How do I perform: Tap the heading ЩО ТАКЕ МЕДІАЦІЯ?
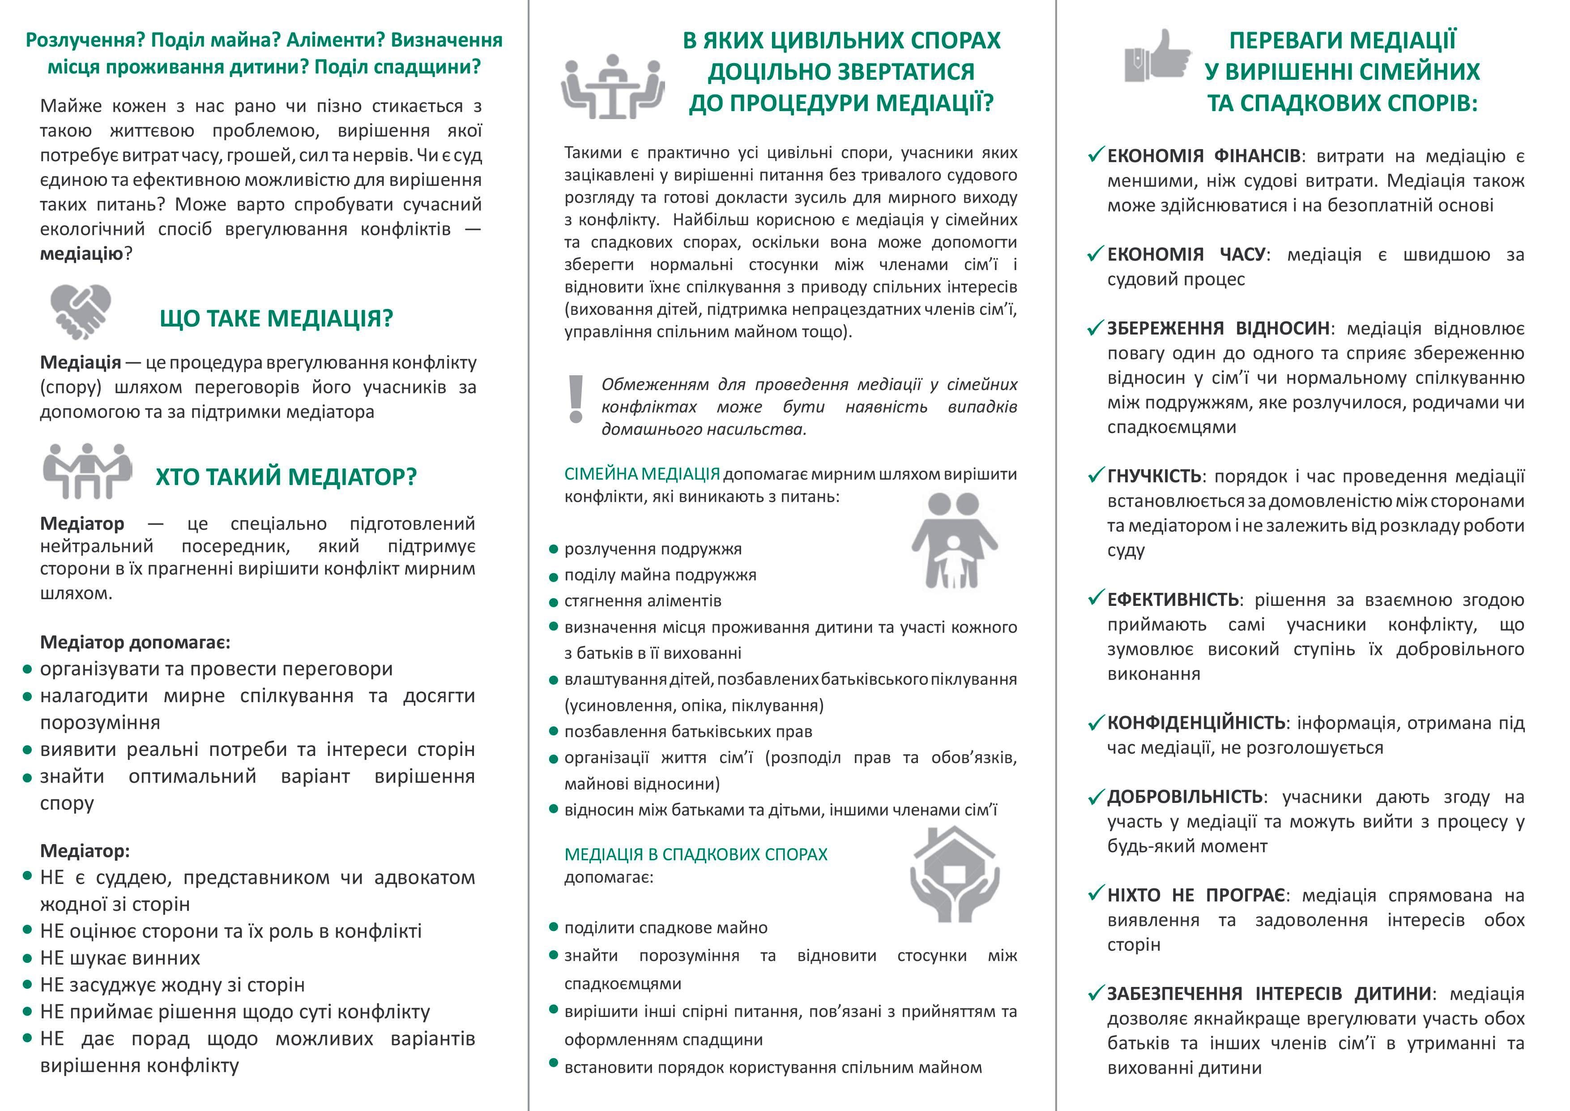click(276, 318)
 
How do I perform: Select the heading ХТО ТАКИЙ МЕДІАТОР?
click(286, 476)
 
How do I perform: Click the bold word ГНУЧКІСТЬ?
click(1154, 476)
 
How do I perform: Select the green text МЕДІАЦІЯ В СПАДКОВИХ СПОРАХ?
click(695, 854)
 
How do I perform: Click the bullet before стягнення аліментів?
click(554, 603)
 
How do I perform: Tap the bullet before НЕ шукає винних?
click(27, 958)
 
